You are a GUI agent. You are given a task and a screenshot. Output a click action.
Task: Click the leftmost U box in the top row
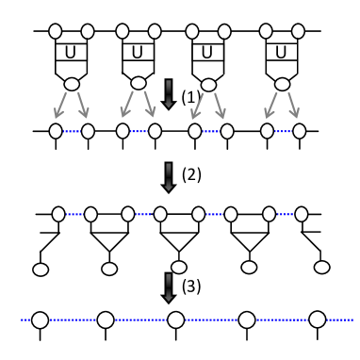pyautogui.click(x=71, y=52)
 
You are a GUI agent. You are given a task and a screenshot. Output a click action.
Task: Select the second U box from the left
pyautogui.click(x=138, y=52)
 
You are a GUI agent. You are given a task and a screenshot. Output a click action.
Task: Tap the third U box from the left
pyautogui.click(x=207, y=52)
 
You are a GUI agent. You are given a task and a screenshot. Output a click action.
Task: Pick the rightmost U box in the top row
pyautogui.click(x=281, y=52)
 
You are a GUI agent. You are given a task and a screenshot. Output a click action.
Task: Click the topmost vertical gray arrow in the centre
pyautogui.click(x=169, y=93)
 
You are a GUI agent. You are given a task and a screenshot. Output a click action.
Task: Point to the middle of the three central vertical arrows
pyautogui.click(x=169, y=176)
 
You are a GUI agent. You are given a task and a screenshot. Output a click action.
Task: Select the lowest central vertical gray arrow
pyautogui.click(x=169, y=287)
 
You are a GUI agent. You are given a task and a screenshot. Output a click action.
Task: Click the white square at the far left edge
pyautogui.click(x=26, y=238)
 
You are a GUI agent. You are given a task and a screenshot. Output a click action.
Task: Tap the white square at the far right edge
pyautogui.click(x=334, y=238)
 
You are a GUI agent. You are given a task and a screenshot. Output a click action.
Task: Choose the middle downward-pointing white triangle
pyautogui.click(x=179, y=240)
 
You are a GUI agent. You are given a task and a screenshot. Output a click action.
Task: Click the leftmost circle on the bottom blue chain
pyautogui.click(x=40, y=320)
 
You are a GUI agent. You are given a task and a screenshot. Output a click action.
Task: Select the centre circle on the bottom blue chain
pyautogui.click(x=176, y=320)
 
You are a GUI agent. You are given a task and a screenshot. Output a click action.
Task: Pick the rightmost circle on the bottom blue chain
pyautogui.click(x=318, y=320)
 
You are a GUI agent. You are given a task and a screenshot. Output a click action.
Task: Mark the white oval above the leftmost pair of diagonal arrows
pyautogui.click(x=72, y=84)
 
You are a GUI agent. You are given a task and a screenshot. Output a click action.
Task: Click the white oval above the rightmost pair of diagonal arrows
pyautogui.click(x=282, y=84)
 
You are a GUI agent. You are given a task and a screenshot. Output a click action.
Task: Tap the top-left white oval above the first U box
pyautogui.click(x=56, y=31)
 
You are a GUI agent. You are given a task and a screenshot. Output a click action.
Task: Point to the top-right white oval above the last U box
pyautogui.click(x=298, y=31)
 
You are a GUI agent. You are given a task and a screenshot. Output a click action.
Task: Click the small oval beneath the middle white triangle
pyautogui.click(x=179, y=268)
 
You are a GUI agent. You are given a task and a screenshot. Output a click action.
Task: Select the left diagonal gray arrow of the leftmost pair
pyautogui.click(x=61, y=104)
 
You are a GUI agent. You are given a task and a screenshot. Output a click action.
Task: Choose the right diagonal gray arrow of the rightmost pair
pyautogui.click(x=293, y=104)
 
